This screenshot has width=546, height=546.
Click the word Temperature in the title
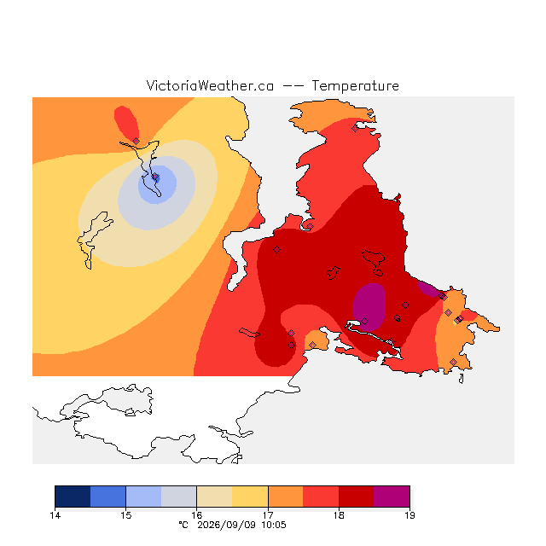click(x=355, y=85)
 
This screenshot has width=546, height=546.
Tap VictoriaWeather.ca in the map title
click(x=210, y=85)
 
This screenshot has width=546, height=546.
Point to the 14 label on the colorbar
click(x=55, y=515)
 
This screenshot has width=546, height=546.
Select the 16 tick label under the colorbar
click(x=197, y=515)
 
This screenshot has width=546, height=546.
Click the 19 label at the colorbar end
click(x=409, y=515)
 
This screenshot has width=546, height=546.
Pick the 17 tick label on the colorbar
click(x=268, y=515)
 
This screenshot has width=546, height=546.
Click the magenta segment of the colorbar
click(x=392, y=497)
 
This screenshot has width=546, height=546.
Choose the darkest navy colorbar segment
click(x=73, y=497)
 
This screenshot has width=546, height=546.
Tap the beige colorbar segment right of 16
click(x=214, y=497)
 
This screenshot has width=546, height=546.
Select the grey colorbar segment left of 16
click(x=179, y=497)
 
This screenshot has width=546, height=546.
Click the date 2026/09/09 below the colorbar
click(x=226, y=525)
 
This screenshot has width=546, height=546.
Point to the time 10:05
click(x=274, y=525)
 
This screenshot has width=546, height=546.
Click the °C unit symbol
click(x=183, y=525)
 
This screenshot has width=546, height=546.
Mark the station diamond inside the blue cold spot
click(x=155, y=177)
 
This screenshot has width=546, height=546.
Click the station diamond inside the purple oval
click(x=364, y=321)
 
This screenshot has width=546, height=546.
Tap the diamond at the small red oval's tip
click(x=136, y=141)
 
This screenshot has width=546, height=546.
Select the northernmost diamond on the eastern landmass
click(x=355, y=129)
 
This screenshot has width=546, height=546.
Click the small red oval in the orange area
click(x=126, y=122)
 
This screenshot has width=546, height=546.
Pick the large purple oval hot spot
click(x=369, y=306)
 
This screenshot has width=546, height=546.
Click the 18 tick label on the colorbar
click(x=339, y=515)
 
